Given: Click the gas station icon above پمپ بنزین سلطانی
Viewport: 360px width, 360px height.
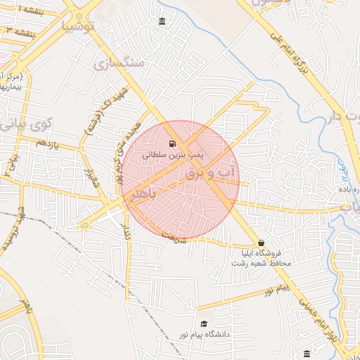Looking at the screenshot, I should (173, 143).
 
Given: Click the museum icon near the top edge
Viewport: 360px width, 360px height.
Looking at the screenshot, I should (162, 22).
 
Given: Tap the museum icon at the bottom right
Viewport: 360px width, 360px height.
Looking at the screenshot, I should (307, 353).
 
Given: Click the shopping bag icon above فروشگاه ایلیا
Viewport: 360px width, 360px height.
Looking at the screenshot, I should (262, 242).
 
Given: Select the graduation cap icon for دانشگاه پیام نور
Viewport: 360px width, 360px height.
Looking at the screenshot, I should (204, 324).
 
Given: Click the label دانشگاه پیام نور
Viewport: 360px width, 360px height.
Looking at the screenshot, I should (224, 335).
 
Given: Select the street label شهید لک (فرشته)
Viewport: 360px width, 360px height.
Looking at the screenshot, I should (104, 109).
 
